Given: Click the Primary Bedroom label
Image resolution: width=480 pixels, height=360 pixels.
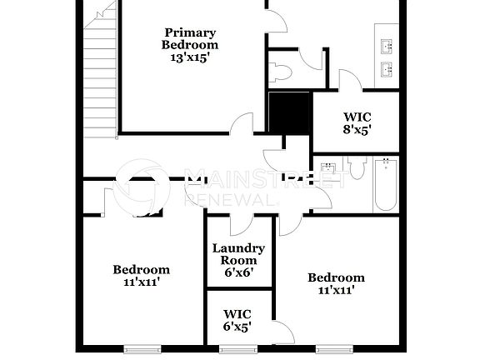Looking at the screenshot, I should click(189, 39).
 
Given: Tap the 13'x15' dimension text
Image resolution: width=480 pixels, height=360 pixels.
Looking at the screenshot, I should click(189, 58).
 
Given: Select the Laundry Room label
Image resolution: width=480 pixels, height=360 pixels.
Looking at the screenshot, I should click(238, 254).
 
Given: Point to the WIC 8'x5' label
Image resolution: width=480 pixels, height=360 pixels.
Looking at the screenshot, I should click(356, 123).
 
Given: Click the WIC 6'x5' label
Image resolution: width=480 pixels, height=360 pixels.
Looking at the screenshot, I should click(237, 321).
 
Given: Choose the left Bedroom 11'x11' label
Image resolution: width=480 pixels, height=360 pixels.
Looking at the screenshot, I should click(141, 276).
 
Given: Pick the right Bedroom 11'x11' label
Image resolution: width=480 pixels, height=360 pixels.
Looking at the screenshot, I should click(336, 284).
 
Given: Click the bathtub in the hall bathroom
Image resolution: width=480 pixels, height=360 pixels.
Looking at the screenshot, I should click(385, 184).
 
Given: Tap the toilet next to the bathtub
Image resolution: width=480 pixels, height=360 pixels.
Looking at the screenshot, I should click(357, 169).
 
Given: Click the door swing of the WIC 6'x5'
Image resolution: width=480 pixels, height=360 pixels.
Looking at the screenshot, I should click(283, 333).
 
